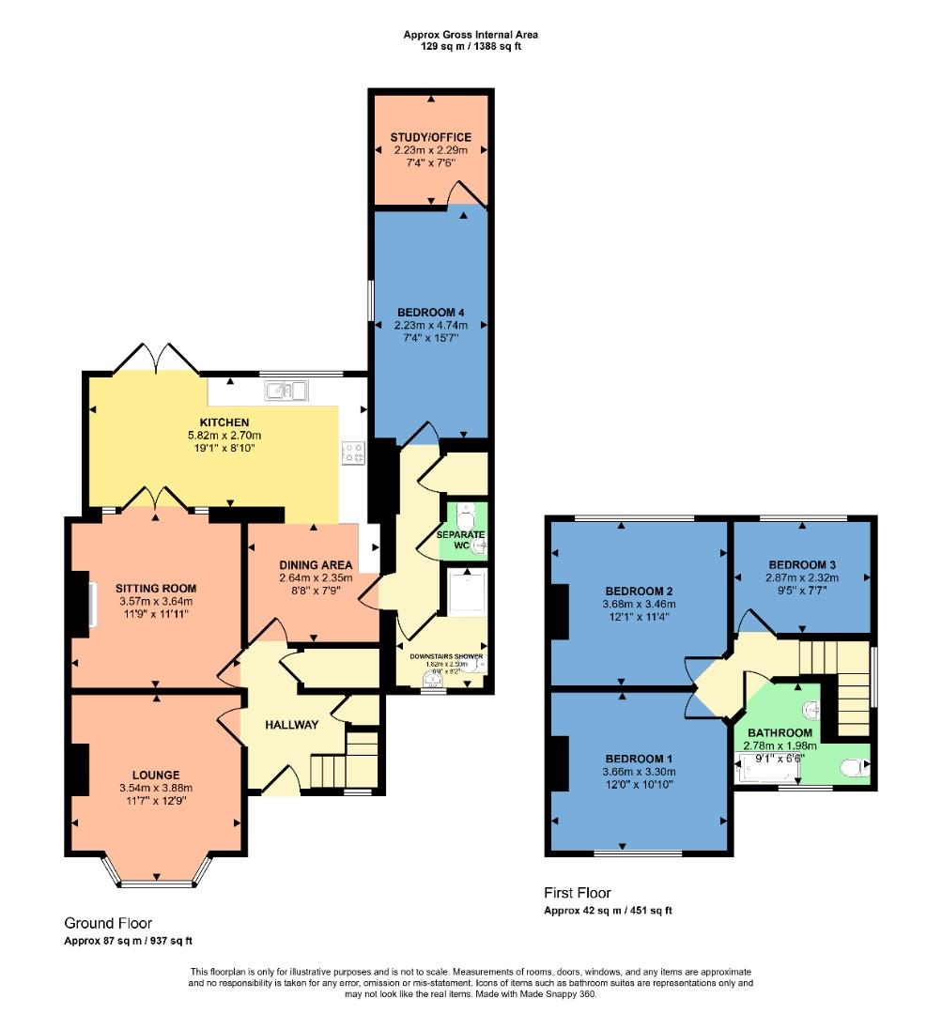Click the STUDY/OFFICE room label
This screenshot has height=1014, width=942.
click(x=430, y=137)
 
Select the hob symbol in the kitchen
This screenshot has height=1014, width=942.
click(x=354, y=453)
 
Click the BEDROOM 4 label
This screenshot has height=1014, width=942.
click(x=430, y=312)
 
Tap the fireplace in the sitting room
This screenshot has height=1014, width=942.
click(x=91, y=604)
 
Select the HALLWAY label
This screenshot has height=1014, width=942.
click(x=291, y=725)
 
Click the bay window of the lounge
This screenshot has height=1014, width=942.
click(x=156, y=881)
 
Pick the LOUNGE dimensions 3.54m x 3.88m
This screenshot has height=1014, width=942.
click(x=156, y=788)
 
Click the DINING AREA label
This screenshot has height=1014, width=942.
click(x=317, y=564)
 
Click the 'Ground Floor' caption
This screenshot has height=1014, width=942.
click(x=108, y=924)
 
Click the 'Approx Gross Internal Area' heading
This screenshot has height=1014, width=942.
click(x=471, y=35)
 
